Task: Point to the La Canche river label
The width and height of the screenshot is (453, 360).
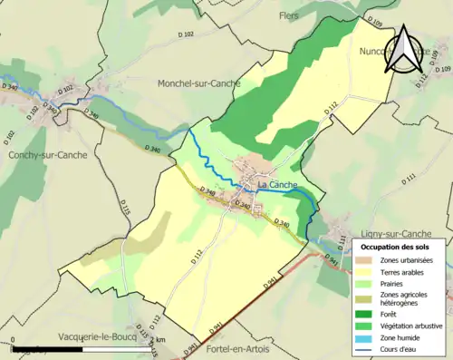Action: pos(277,186)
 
